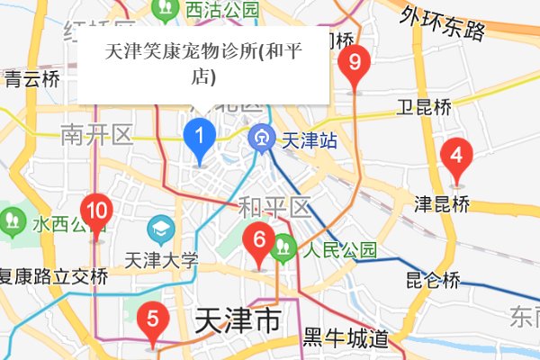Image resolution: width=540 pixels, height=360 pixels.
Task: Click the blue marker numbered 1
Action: (x=200, y=139)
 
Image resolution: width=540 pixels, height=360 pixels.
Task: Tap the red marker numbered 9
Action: (x=355, y=64)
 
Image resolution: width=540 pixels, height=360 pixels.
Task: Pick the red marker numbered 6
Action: (x=259, y=241)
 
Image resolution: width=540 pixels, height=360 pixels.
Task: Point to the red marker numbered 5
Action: (x=152, y=319)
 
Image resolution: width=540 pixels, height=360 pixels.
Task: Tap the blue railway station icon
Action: (x=262, y=139)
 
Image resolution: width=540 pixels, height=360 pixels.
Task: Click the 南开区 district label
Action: (x=96, y=136)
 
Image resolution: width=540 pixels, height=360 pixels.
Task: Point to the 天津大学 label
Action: (x=163, y=261)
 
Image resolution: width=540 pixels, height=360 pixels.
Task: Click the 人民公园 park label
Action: (x=339, y=249)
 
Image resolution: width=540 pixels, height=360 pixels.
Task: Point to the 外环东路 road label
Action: (x=444, y=24)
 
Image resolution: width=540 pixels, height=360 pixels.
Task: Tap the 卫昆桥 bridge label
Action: (x=423, y=108)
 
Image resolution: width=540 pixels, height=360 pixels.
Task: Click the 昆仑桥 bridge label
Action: (x=433, y=279)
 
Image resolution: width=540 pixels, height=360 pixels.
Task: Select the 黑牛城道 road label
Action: (x=345, y=339)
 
